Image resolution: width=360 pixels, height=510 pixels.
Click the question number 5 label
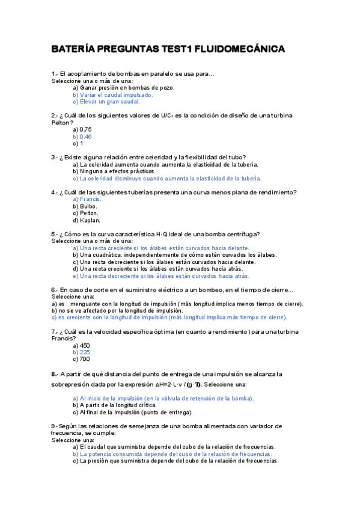tap(54, 234)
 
